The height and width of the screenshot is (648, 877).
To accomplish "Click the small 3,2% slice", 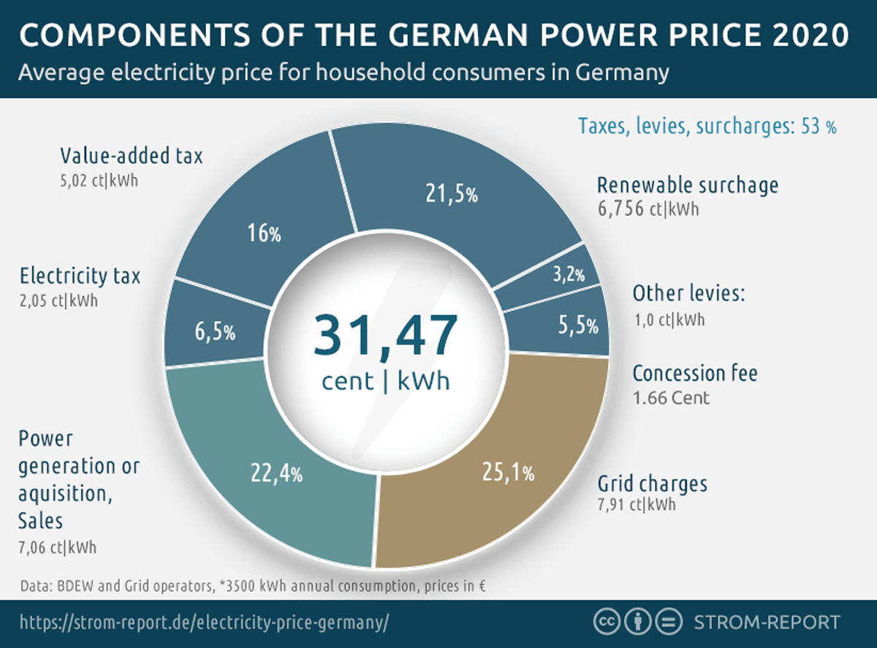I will (x=569, y=274).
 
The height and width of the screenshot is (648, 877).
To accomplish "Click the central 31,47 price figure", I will (x=385, y=335).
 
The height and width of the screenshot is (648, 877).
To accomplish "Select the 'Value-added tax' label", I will (x=131, y=155).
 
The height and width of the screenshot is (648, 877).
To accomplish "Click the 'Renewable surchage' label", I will (x=687, y=185).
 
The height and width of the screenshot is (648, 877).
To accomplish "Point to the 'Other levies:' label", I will (x=688, y=294).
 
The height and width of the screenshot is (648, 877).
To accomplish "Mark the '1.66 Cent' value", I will (x=671, y=399).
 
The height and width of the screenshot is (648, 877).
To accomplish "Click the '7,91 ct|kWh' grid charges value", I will (x=637, y=505).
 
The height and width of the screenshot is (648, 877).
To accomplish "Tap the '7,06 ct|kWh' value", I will (x=57, y=546).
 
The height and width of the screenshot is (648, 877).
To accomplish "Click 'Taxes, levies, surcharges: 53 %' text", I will (x=707, y=126).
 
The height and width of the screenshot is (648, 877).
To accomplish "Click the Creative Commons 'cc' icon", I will (x=606, y=622).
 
